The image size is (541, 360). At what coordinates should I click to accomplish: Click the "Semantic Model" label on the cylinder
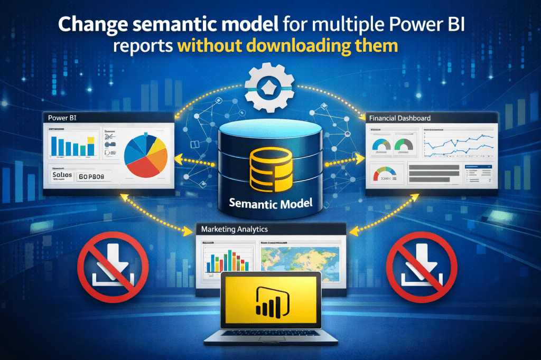tap(271, 202)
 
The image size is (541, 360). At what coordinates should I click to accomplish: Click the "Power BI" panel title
tap(61, 118)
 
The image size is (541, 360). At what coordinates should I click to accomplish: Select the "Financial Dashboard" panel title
tap(400, 118)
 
